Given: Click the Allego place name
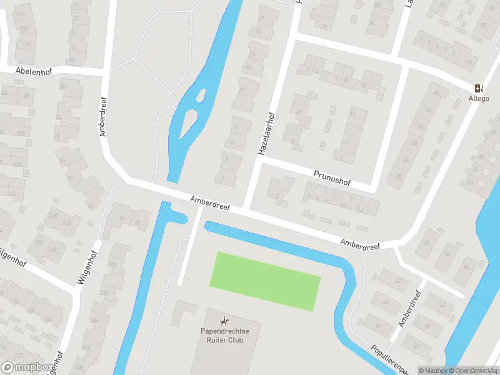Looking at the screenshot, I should pyautogui.click(x=479, y=98).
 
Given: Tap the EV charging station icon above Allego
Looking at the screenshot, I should pyautogui.click(x=479, y=88).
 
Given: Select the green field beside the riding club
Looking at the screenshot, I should pyautogui.click(x=266, y=281).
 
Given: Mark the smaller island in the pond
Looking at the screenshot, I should pyautogui.click(x=201, y=96).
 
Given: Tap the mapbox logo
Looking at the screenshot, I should pyautogui.click(x=26, y=367).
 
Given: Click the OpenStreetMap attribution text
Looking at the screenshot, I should pyautogui.click(x=474, y=371).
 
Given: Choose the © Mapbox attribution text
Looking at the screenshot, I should pyautogui.click(x=432, y=371).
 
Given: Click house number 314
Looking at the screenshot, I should pyautogui.click(x=113, y=265).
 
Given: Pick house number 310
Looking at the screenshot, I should pyautogui.click(x=104, y=292).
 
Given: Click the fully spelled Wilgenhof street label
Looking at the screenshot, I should pyautogui.click(x=86, y=264).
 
